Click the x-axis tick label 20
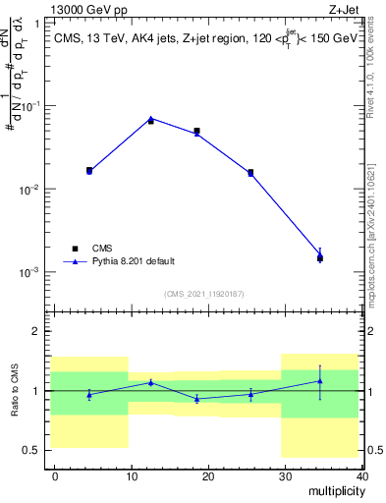[x=207, y=475]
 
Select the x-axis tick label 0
[x=55, y=475]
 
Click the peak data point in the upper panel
[x=150, y=120]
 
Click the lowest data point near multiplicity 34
[x=320, y=258]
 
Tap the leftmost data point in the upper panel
[x=89, y=170]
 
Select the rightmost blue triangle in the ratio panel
[x=320, y=381]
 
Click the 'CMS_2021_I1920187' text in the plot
[x=203, y=294]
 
